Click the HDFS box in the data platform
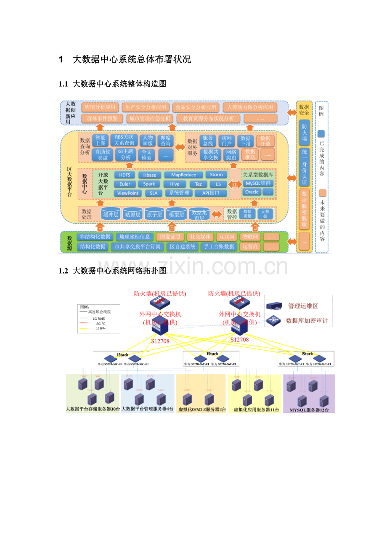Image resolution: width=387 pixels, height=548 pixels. coord(125,175)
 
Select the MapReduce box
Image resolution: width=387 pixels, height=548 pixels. coord(183,175)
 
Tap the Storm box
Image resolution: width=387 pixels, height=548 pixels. coord(216,175)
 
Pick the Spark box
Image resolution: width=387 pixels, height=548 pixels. coord(149,184)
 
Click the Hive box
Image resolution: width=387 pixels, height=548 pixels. coord(175,184)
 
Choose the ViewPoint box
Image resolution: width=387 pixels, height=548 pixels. coord(128,193)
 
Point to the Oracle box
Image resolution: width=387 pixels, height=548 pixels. coord(252,192)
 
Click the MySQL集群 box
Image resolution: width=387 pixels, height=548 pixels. coord(258,183)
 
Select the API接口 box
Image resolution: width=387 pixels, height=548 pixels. coord(212,193)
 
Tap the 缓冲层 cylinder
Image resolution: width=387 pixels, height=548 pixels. coord(111,215)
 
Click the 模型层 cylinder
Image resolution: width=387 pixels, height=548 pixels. coord(176,215)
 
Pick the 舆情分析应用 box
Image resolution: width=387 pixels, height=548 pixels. coord(100,107)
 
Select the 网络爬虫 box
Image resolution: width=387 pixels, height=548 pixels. coord(231,154)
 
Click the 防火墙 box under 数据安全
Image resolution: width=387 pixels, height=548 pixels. coord(304,131)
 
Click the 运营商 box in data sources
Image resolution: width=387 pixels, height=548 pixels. coord(250,247)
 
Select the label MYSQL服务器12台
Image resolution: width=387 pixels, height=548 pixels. coord(309,409)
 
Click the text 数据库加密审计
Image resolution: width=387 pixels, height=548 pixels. coord(307,321)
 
